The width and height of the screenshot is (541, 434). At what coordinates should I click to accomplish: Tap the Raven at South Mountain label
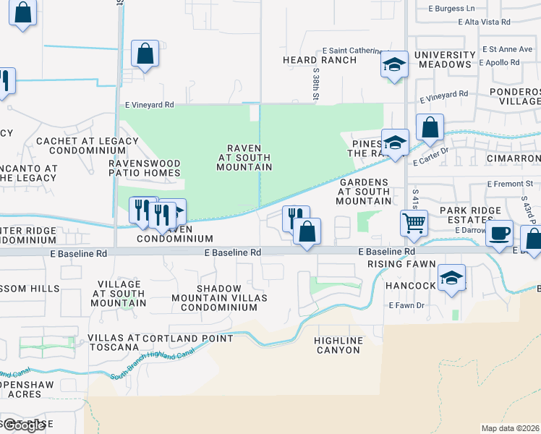[x=244, y=158]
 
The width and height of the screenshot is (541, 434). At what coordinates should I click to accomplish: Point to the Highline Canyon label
[x=337, y=345]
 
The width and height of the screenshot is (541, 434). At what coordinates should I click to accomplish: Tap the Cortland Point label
[x=188, y=339]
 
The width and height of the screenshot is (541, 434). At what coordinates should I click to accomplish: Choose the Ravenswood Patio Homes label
[x=145, y=168]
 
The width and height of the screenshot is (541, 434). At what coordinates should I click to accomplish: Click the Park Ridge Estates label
[x=470, y=215]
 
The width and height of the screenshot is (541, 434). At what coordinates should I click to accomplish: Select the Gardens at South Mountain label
[x=365, y=192]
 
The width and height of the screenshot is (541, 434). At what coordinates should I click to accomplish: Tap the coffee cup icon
[x=498, y=234]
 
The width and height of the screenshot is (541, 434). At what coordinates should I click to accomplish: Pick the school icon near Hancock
[x=452, y=277]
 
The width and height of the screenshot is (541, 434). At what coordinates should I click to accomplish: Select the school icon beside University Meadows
[x=395, y=64]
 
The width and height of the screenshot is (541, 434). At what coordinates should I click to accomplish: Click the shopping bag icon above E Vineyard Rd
[x=145, y=54]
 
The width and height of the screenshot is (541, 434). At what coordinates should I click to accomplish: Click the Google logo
[x=23, y=425]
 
